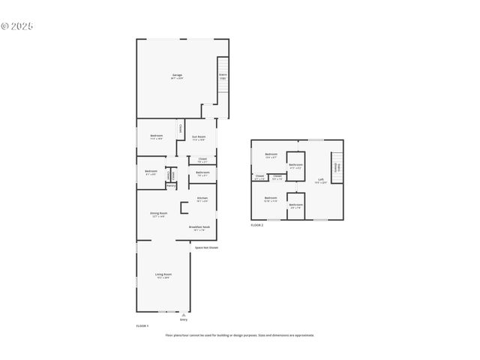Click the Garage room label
177,76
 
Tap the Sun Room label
199,137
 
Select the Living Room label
162,276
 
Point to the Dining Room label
158,214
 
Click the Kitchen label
202,199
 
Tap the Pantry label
171,185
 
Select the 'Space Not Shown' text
206,247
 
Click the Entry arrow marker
184,316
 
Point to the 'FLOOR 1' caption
142,326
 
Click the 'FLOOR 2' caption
257,225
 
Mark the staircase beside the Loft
337,166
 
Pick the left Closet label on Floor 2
259,178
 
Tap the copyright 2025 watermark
16,25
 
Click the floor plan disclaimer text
240,335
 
